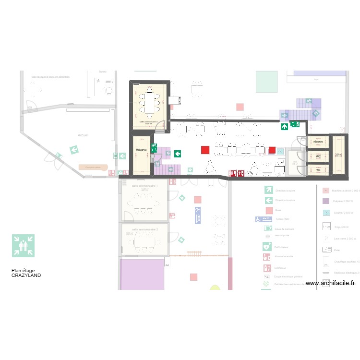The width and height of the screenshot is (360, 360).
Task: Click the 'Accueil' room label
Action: point(83,136)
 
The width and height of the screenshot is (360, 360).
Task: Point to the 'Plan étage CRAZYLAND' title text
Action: point(26,273)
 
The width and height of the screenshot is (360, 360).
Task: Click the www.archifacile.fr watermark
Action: point(330,283)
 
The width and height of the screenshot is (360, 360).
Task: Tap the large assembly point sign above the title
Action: point(23,246)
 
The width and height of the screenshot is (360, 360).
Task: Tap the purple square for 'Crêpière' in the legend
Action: point(326,201)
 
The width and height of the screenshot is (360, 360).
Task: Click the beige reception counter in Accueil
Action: point(93,167)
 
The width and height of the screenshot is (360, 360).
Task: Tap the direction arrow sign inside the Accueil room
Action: point(74,150)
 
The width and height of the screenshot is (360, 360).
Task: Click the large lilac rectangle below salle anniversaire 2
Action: point(142,274)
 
